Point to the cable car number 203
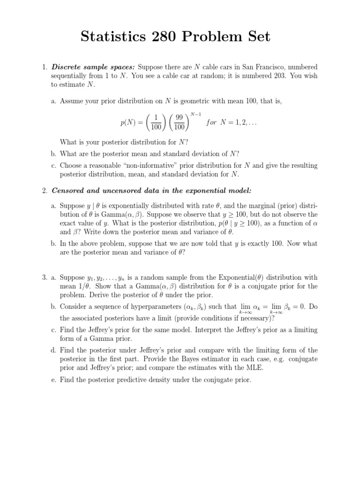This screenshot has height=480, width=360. click(277, 76)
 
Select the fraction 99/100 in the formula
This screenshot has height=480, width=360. click(179, 123)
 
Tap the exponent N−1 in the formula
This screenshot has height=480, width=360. click(195, 113)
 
